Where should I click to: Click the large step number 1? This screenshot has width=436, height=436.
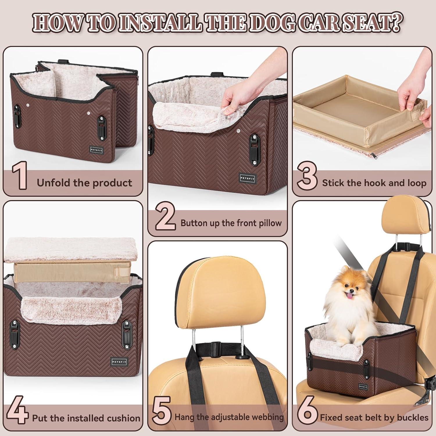20,176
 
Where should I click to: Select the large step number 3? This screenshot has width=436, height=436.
307,176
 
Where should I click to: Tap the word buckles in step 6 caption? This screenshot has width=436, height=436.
412,418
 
